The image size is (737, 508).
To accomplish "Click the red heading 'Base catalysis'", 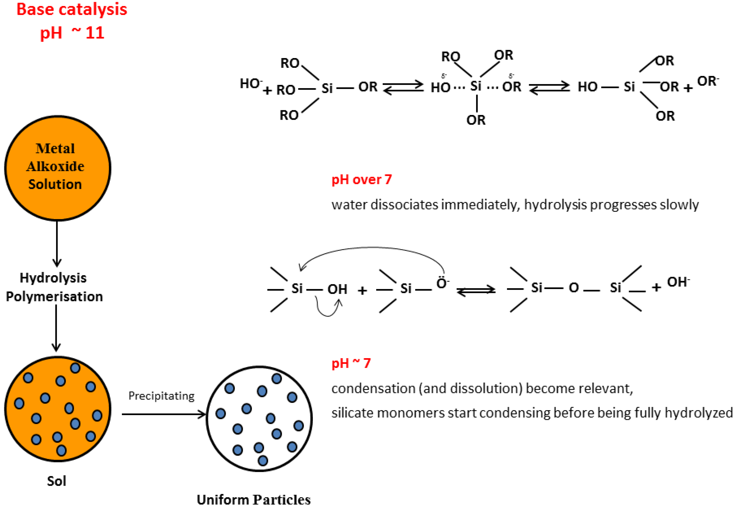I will coord(72,10).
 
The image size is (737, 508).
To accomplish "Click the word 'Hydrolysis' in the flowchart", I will coord(53,278).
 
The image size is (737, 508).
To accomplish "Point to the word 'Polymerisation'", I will coord(54,297).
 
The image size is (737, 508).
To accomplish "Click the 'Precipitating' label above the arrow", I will coord(161,396).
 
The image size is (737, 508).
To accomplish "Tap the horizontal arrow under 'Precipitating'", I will coord(164,414).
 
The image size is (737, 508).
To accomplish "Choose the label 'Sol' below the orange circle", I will coord(57,481).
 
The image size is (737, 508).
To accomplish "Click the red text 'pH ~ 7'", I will coord(351,363).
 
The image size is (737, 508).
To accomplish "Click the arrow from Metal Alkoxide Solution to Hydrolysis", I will coord(57,244).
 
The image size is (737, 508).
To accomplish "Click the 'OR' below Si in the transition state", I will coord(476,120).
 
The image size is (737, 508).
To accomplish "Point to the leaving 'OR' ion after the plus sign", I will coord(707,81).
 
